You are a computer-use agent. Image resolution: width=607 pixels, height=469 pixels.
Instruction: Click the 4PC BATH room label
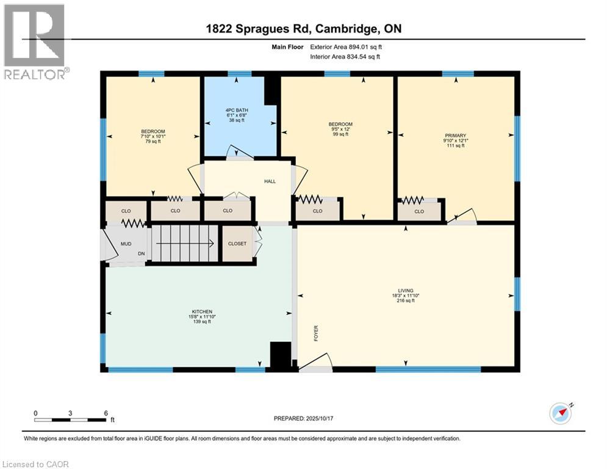[x=237, y=110]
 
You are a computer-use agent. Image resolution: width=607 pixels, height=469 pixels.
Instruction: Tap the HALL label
[x=270, y=181]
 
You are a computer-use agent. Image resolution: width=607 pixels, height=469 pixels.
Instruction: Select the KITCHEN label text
[x=202, y=311]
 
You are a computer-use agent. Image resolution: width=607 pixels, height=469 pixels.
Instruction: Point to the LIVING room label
[x=406, y=290]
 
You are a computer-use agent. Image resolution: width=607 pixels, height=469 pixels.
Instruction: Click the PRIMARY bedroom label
[x=455, y=136]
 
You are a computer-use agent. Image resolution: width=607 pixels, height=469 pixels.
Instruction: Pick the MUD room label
[x=126, y=244]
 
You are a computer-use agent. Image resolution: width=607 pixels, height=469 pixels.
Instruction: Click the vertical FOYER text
[x=316, y=333]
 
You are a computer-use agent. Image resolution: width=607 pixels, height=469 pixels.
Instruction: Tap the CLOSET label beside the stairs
[x=237, y=244]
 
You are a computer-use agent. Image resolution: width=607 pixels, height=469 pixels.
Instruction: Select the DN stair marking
[x=142, y=253]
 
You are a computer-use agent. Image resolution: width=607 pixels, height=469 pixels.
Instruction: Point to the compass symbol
[x=561, y=413]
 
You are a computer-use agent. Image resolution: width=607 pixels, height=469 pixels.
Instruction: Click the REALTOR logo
[x=35, y=42]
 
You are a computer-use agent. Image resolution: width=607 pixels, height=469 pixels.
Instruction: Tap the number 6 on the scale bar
[x=106, y=413]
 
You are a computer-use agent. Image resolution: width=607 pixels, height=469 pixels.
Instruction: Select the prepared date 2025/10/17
[x=320, y=418]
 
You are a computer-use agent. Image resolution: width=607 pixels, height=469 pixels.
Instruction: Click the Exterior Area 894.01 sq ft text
[x=346, y=47]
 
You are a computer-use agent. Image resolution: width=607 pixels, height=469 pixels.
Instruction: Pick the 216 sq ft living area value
[x=406, y=300]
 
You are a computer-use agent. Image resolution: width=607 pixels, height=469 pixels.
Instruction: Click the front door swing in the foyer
[x=317, y=362]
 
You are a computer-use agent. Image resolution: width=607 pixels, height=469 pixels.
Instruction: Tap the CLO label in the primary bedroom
[x=419, y=212]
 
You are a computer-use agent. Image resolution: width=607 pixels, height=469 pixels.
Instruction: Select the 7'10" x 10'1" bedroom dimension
[x=153, y=136]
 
